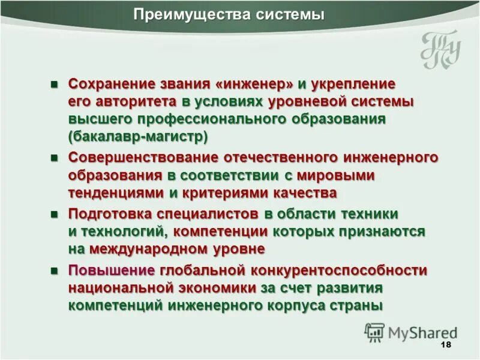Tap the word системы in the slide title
click(x=284, y=14)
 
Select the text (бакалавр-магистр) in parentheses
click(x=138, y=136)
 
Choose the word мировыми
click(x=336, y=175)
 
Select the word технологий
click(x=119, y=231)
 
